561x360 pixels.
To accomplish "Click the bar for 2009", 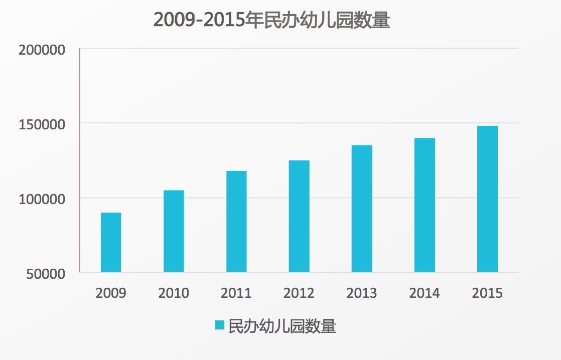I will pyautogui.click(x=111, y=243).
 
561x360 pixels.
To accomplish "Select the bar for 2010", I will pyautogui.click(x=174, y=231).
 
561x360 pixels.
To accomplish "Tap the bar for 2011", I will pyautogui.click(x=236, y=222).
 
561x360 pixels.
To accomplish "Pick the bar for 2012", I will pyautogui.click(x=299, y=217).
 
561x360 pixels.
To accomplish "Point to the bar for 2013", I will pyautogui.click(x=362, y=209).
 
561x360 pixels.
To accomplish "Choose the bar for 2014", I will pyautogui.click(x=425, y=205).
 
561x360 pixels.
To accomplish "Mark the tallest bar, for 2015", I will pyautogui.click(x=487, y=199).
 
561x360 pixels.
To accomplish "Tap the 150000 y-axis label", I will pyautogui.click(x=42, y=124).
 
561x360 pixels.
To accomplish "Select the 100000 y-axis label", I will pyautogui.click(x=42, y=199).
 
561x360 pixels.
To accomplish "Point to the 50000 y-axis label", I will pyautogui.click(x=45, y=274).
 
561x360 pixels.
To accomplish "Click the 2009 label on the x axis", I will pyautogui.click(x=111, y=293).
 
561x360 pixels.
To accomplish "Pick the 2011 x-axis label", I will pyautogui.click(x=236, y=293).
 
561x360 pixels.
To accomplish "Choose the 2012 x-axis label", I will pyautogui.click(x=299, y=293).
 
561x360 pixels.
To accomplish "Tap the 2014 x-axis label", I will pyautogui.click(x=425, y=293).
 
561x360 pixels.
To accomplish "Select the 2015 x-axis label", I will pyautogui.click(x=487, y=293).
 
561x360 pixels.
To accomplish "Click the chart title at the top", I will pyautogui.click(x=271, y=21).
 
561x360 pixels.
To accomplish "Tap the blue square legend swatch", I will pyautogui.click(x=220, y=325).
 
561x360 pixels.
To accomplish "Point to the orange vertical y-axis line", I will pyautogui.click(x=80, y=160).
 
